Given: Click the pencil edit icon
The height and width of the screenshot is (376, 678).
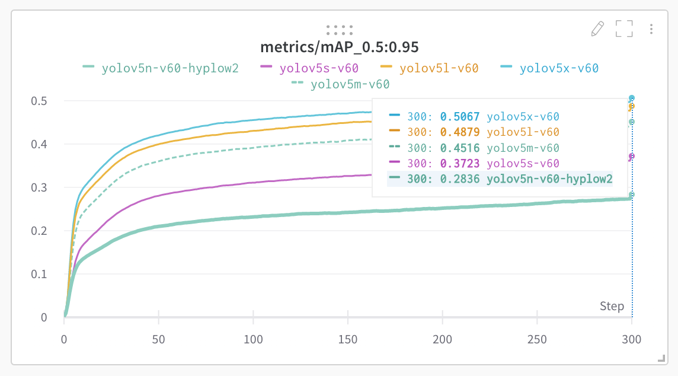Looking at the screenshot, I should [x=597, y=28].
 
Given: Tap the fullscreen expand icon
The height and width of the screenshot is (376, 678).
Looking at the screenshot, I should [x=624, y=28].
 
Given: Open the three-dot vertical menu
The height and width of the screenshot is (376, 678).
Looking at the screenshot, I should [x=651, y=28].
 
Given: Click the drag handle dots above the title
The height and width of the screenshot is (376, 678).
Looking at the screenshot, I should [x=339, y=30].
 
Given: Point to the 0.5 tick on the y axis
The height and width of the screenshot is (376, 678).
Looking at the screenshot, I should [x=39, y=101].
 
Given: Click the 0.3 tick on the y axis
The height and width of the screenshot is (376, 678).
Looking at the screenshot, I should [x=39, y=187].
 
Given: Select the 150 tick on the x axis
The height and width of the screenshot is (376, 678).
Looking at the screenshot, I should [x=348, y=339].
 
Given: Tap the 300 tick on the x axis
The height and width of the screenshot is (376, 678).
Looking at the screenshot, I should [x=632, y=339].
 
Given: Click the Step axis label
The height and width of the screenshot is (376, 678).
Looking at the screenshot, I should [x=612, y=306].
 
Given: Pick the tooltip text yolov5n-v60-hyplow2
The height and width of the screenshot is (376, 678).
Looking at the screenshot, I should [x=549, y=179].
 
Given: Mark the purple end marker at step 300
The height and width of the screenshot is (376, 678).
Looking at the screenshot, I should [x=632, y=157].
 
